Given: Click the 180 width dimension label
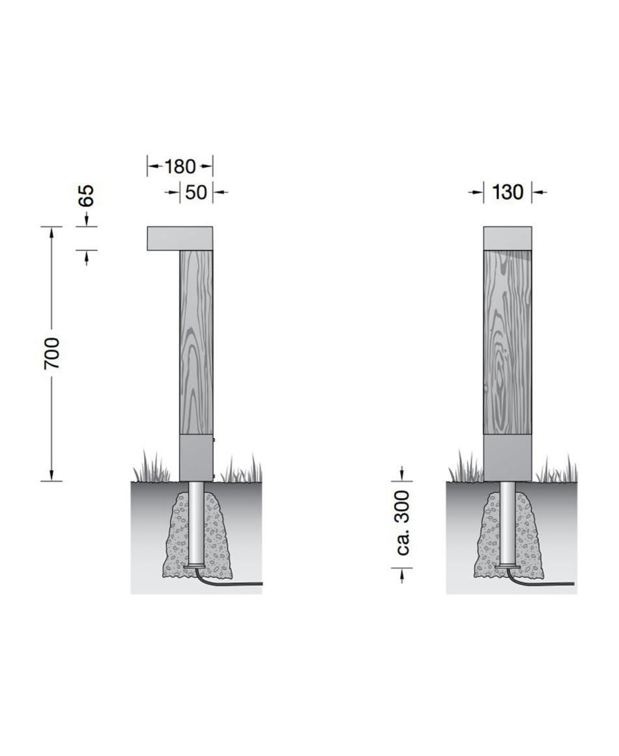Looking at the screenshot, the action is [180, 167].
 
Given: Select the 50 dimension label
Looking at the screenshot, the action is [196, 192].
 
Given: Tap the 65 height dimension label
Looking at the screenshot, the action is [87, 196].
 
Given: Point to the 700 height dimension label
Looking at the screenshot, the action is [52, 353].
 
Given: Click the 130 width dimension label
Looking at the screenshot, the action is [508, 192].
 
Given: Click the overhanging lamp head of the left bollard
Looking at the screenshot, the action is [180, 238].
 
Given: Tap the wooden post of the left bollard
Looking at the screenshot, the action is [196, 343].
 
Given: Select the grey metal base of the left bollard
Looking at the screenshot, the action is [196, 458].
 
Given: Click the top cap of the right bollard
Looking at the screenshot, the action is [508, 238].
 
